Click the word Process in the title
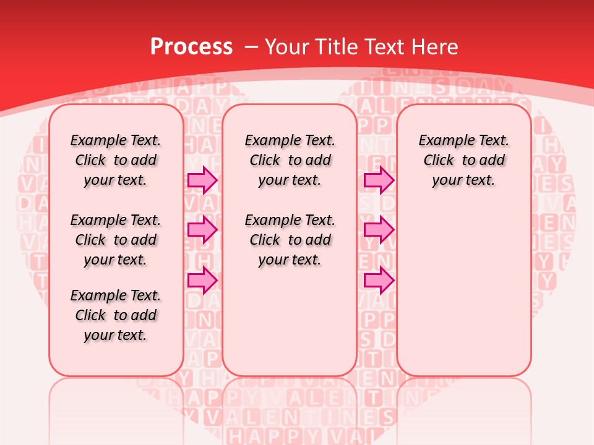[191, 46]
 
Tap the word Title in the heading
[338, 46]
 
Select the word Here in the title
[436, 46]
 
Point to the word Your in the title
[289, 46]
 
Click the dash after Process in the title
[250, 47]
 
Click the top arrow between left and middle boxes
[202, 180]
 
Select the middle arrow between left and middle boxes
[202, 230]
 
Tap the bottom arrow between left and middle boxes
[202, 280]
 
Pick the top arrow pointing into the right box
[379, 180]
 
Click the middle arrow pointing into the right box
[379, 230]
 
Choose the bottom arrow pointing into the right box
[379, 280]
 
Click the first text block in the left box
[116, 160]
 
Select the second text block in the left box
[116, 240]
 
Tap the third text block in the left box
[116, 315]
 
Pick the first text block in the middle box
[290, 160]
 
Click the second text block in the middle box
[290, 240]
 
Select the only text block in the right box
[464, 160]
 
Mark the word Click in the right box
[439, 161]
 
